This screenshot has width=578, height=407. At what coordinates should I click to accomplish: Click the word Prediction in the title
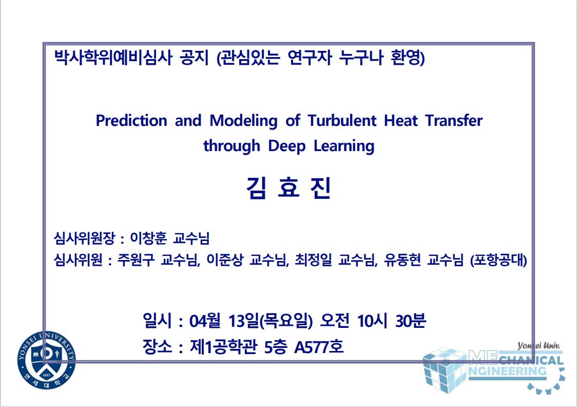pyautogui.click(x=131, y=121)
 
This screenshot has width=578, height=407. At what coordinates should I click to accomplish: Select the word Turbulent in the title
pyautogui.click(x=342, y=121)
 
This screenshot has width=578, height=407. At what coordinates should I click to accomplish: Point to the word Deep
pyautogui.click(x=287, y=146)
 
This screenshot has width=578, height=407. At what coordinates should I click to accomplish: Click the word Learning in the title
pyautogui.click(x=344, y=146)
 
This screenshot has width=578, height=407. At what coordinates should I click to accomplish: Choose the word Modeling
pyautogui.click(x=243, y=121)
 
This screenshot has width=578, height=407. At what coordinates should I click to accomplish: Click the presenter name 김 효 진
pyautogui.click(x=288, y=188)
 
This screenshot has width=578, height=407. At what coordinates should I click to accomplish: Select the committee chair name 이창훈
pyautogui.click(x=148, y=238)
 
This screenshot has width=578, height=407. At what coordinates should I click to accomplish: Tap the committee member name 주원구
pyautogui.click(x=136, y=260)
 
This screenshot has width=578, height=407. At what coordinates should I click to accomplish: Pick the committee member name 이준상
pyautogui.click(x=224, y=260)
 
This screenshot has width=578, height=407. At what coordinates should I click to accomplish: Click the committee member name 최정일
pyautogui.click(x=313, y=260)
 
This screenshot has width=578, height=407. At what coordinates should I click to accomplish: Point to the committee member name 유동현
pyautogui.click(x=402, y=260)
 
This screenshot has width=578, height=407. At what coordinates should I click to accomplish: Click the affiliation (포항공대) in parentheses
pyautogui.click(x=498, y=260)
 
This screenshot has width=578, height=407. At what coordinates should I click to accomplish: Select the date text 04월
pyautogui.click(x=205, y=321)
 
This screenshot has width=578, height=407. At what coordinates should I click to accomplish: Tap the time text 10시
pyautogui.click(x=372, y=321)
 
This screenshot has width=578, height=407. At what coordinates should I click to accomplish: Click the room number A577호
pyautogui.click(x=319, y=346)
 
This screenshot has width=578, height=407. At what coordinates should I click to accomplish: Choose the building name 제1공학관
pyautogui.click(x=223, y=346)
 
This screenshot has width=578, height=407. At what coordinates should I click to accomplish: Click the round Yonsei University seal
pyautogui.click(x=46, y=360)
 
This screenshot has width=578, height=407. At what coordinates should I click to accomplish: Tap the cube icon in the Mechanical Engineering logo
pyautogui.click(x=444, y=369)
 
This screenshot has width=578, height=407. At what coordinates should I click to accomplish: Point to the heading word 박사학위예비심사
pyautogui.click(x=113, y=58)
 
